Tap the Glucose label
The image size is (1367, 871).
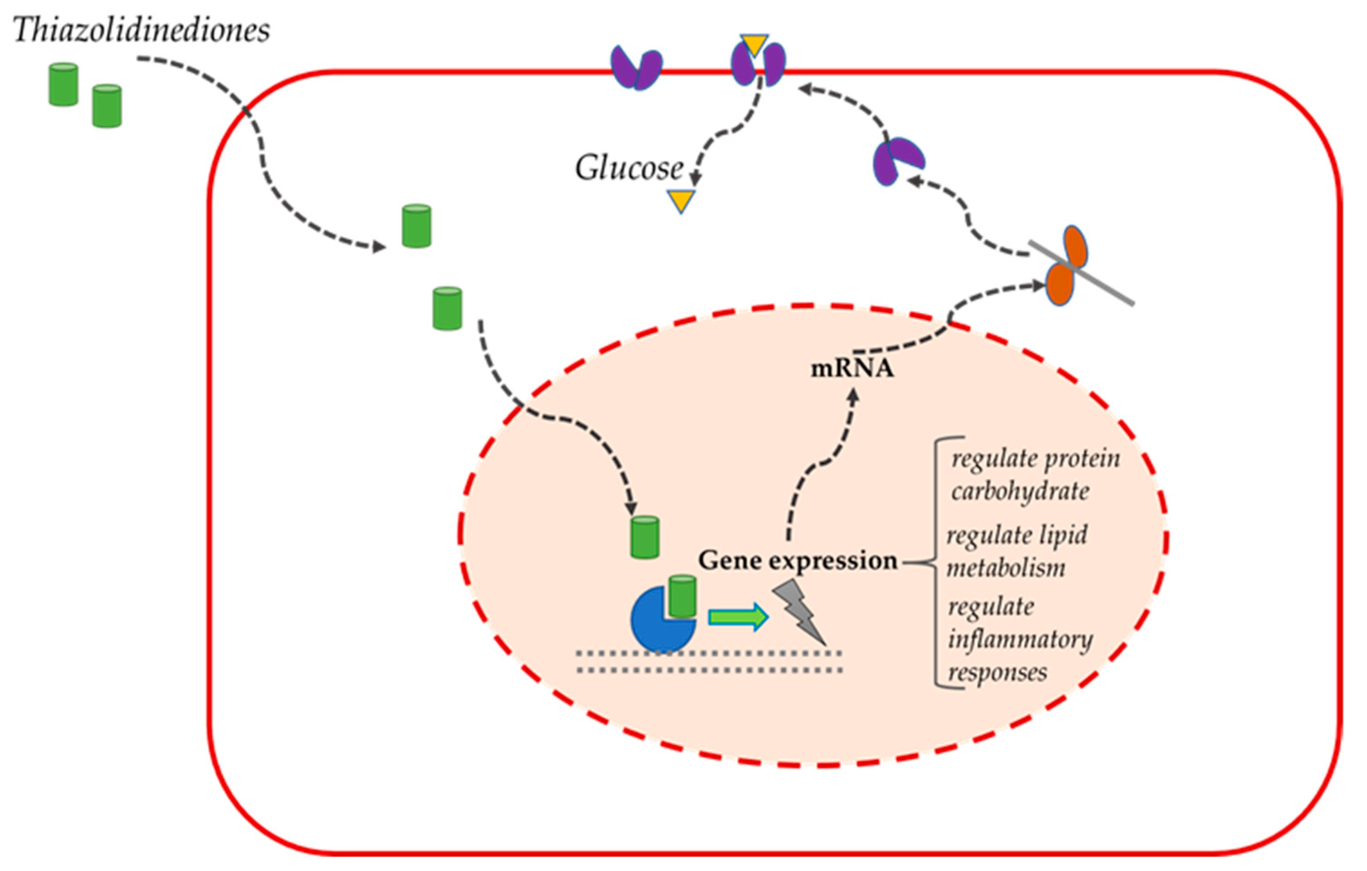point(629,168)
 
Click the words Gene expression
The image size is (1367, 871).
point(798,561)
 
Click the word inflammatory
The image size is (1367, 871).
point(1020,640)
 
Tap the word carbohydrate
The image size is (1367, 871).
point(1020,491)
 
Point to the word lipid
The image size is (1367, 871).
point(1066,536)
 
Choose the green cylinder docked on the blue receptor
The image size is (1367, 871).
point(682,596)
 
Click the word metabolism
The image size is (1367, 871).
point(1005,568)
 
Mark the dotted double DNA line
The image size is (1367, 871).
point(709,662)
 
